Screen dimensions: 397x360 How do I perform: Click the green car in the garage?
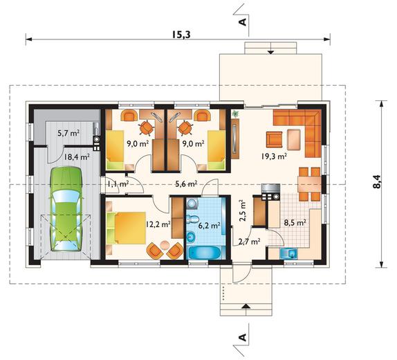click(x=66, y=209)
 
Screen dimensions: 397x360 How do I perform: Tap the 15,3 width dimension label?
click(x=181, y=35)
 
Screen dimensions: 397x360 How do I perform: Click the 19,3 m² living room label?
click(x=274, y=156)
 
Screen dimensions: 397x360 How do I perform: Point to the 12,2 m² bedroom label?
click(x=158, y=224)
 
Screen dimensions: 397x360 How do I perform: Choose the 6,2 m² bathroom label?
click(x=209, y=225)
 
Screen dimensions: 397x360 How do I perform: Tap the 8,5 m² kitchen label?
click(x=295, y=223)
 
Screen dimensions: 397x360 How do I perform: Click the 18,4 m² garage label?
click(x=77, y=157)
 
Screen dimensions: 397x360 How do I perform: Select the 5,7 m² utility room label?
click(x=69, y=133)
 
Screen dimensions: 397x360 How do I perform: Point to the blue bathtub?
click(x=205, y=253)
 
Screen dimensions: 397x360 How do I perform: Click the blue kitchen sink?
click(x=288, y=253)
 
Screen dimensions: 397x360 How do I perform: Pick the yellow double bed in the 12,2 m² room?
click(x=127, y=228)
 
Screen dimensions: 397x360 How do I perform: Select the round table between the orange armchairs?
click(x=165, y=244)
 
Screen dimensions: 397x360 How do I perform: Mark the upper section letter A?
click(x=242, y=22)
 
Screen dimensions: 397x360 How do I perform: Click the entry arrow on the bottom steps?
click(x=245, y=306)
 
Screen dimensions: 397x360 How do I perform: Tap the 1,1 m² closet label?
click(x=118, y=183)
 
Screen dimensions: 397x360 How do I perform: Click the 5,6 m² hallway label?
click(x=187, y=183)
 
